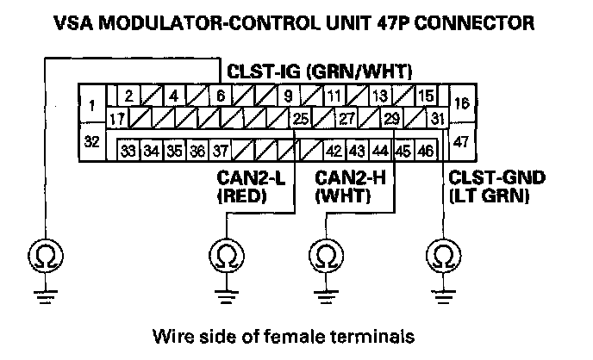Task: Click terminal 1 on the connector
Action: (x=91, y=107)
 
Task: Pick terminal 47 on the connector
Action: (x=461, y=141)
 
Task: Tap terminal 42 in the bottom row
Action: (x=334, y=152)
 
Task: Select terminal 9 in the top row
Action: (x=287, y=96)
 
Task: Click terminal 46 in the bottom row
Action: (x=424, y=152)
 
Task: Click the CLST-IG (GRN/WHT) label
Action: (x=319, y=71)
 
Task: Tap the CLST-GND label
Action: (x=484, y=179)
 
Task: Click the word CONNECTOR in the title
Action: (x=489, y=21)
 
